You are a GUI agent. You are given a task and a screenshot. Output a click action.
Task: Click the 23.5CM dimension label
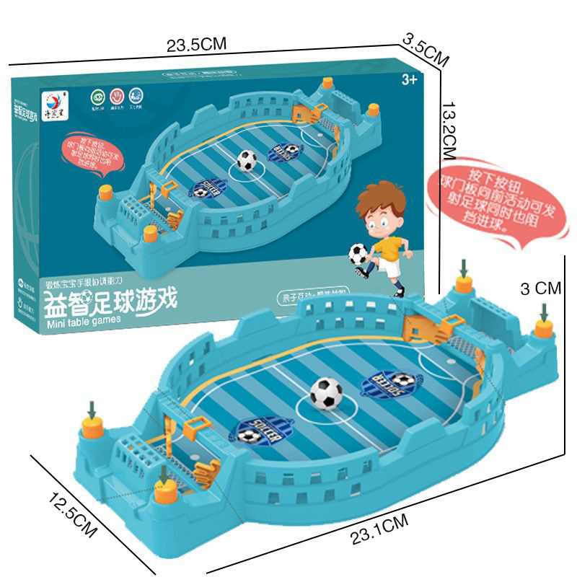pyautogui.click(x=196, y=45)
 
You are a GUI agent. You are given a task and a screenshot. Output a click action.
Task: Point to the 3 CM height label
pyautogui.click(x=540, y=288)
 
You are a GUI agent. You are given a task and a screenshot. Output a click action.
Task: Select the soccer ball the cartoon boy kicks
pyautogui.click(x=358, y=252)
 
